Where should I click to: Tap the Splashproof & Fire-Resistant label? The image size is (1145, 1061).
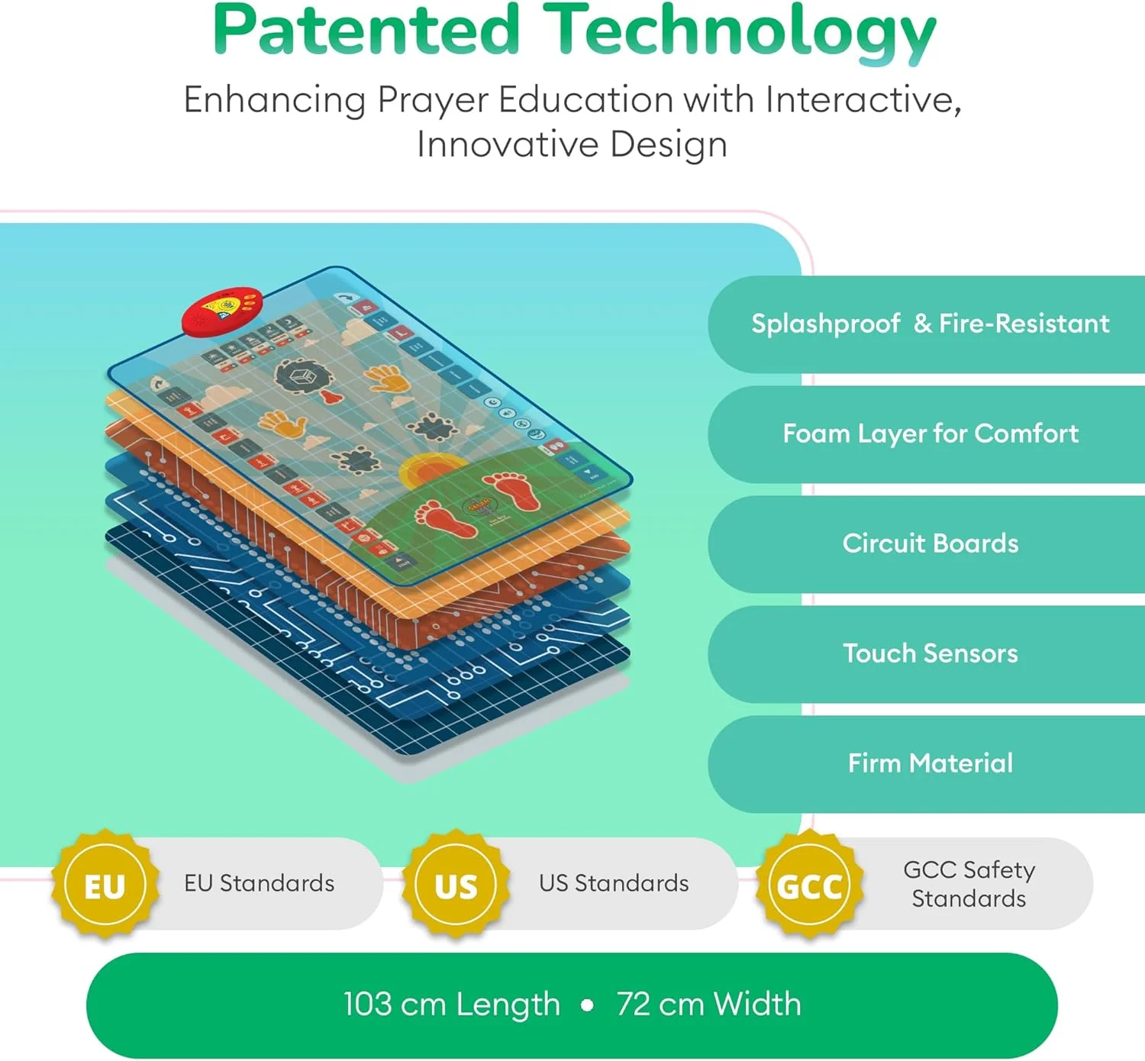coord(930,324)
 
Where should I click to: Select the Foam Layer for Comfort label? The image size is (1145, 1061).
coord(930,434)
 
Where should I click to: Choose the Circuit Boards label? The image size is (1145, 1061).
coord(930,543)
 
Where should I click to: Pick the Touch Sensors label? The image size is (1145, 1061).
coord(930,653)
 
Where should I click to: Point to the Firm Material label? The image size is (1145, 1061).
coord(930,763)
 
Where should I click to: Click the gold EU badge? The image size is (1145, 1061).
coord(105,885)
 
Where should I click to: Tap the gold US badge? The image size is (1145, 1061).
coord(456,885)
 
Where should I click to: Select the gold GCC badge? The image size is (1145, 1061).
coord(809,885)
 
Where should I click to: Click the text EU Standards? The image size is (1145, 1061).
coord(259,883)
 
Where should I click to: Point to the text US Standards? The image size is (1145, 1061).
coord(614,883)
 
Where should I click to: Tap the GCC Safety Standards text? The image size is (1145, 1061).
coord(969,884)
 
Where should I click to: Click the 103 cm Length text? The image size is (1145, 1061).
coord(452,1005)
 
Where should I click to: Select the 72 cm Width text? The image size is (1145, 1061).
coord(708,1005)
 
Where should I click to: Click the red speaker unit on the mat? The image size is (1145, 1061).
coord(222,310)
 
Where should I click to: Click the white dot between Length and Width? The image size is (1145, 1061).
coord(587,1005)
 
